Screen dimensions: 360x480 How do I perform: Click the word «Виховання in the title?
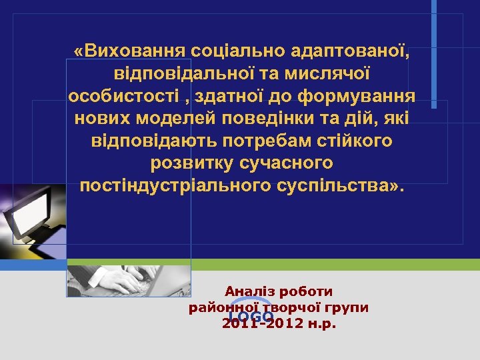(129, 51)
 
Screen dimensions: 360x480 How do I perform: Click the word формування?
(356, 97)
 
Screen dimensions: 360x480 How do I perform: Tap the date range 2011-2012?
(261, 324)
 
